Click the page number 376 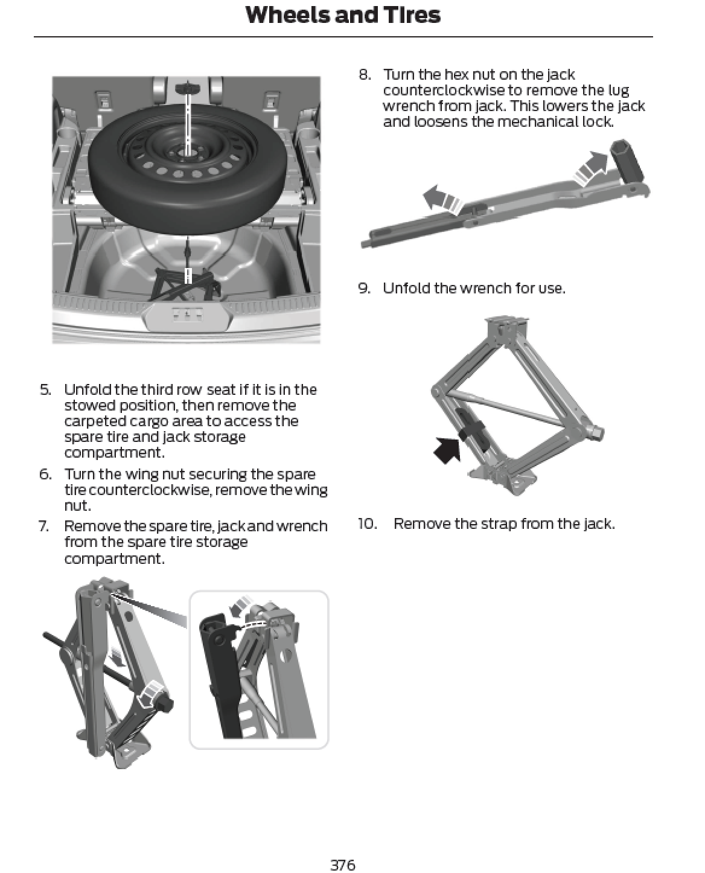pos(343,865)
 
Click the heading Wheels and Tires pos(343,15)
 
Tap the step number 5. pos(46,389)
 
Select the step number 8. pos(364,74)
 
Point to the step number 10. pos(367,523)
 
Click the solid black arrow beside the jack pos(447,450)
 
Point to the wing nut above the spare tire pos(187,89)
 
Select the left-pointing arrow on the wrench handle pos(442,200)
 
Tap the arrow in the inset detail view pos(243,605)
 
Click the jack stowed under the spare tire pos(181,284)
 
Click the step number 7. pos(44,526)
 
